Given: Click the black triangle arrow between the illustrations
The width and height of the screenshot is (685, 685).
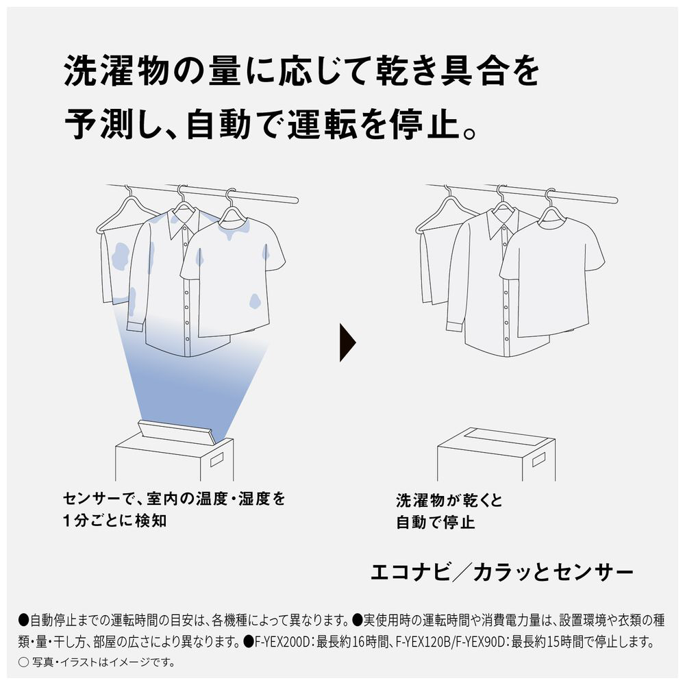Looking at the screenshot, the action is click(347, 342).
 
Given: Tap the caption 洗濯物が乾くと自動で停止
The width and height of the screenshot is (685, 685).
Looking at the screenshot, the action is click(449, 511).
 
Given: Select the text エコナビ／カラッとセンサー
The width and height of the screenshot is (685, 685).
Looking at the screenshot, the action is click(502, 572).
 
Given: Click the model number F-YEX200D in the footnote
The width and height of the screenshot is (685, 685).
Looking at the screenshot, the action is click(282, 642).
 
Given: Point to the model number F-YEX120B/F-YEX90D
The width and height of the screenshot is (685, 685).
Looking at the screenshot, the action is click(451, 642).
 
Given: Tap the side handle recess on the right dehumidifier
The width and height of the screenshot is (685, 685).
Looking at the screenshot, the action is click(538, 459).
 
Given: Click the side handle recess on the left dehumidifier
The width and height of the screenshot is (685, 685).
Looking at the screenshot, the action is click(216, 460).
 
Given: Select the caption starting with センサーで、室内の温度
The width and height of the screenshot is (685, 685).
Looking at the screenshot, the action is click(174, 510).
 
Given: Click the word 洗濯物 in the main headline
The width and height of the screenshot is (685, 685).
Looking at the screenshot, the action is click(116, 71).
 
